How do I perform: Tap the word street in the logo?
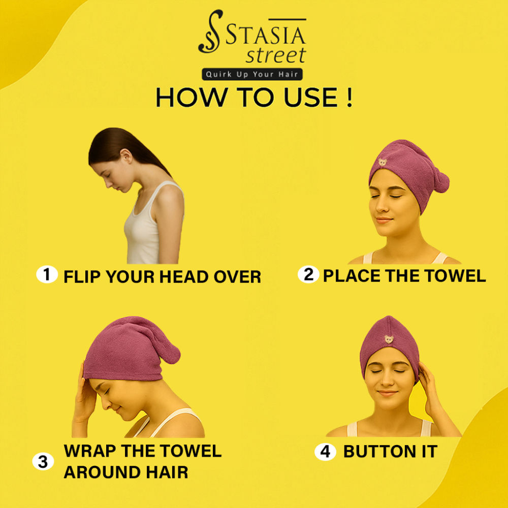coord(276,55)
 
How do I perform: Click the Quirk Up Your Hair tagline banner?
coord(252,74)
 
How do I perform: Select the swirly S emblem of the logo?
coord(211,31)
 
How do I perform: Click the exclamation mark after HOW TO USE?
coord(349,97)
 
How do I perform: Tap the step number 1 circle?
coord(47,274)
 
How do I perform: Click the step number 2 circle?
coord(308,274)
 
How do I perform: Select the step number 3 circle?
coord(43,461)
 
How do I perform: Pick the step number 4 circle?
coord(325,452)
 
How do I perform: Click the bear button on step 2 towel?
coord(383,162)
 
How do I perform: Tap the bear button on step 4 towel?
coord(389,339)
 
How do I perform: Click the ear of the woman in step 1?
coord(126,156)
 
